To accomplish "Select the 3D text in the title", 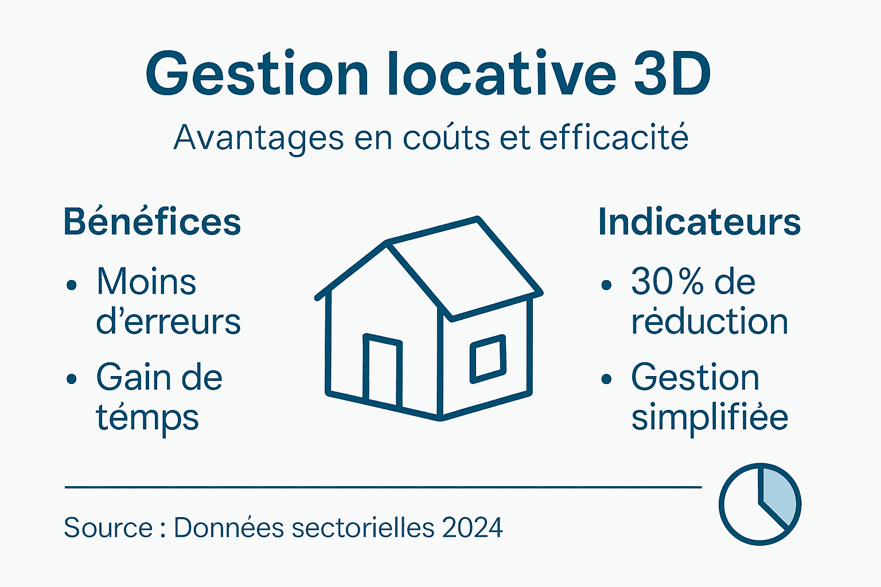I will tap(672, 75).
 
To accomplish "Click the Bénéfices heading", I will tap(152, 222).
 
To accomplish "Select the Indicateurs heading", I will tap(699, 222).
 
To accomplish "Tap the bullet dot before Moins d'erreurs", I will tap(72, 285).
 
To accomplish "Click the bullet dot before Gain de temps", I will tap(72, 379).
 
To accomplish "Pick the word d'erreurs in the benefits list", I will tap(168, 322).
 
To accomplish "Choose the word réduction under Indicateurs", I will tap(710, 322).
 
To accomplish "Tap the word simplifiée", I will tap(710, 417).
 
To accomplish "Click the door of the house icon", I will tap(383, 371).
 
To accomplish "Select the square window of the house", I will tap(488, 359).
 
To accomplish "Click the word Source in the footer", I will tap(108, 528).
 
